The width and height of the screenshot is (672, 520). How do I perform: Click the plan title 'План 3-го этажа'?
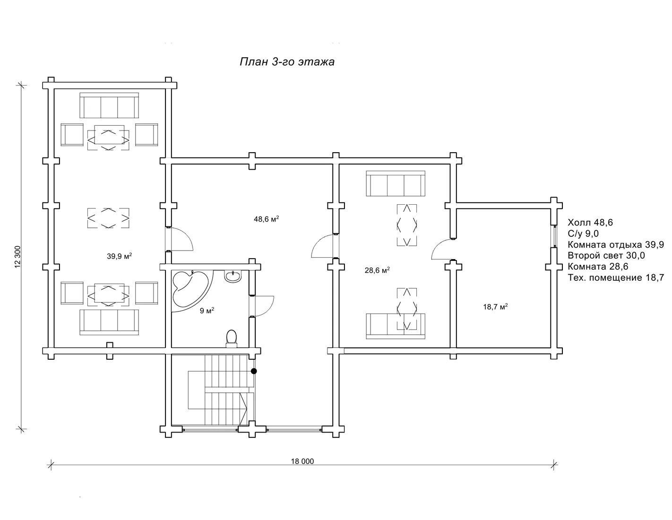click(x=287, y=62)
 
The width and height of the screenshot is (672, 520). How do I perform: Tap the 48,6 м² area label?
click(x=266, y=219)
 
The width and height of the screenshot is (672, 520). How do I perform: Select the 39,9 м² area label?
click(x=120, y=256)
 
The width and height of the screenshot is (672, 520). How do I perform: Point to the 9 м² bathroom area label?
click(x=207, y=311)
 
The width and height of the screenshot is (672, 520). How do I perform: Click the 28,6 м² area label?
click(x=377, y=270)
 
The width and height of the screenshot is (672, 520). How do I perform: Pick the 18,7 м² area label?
click(x=495, y=306)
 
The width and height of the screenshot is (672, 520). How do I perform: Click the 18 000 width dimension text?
click(x=302, y=461)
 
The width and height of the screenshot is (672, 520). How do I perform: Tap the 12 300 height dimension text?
click(x=17, y=257)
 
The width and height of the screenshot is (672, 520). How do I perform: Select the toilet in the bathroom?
click(x=231, y=338)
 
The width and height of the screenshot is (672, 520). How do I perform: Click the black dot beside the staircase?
click(x=254, y=371)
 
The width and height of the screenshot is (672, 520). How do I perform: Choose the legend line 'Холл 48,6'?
click(x=590, y=222)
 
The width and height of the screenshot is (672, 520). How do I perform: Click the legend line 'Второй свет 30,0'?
click(x=606, y=256)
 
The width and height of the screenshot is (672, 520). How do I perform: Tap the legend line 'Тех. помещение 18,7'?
click(x=616, y=277)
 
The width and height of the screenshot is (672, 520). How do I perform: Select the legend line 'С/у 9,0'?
click(x=583, y=234)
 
